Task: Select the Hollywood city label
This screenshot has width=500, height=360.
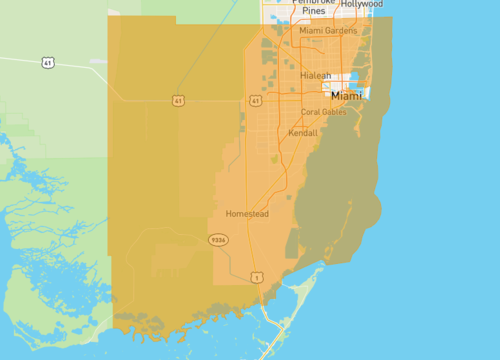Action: [361, 4]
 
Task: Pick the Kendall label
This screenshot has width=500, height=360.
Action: [302, 132]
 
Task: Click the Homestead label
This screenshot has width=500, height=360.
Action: [247, 214]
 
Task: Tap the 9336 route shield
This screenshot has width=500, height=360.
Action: [218, 240]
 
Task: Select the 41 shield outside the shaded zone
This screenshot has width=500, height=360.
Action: [47, 63]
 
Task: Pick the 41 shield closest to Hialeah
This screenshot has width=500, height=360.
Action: [256, 101]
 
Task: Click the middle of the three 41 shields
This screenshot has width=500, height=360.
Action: [178, 101]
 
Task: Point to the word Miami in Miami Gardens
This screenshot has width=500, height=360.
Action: [311, 30]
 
